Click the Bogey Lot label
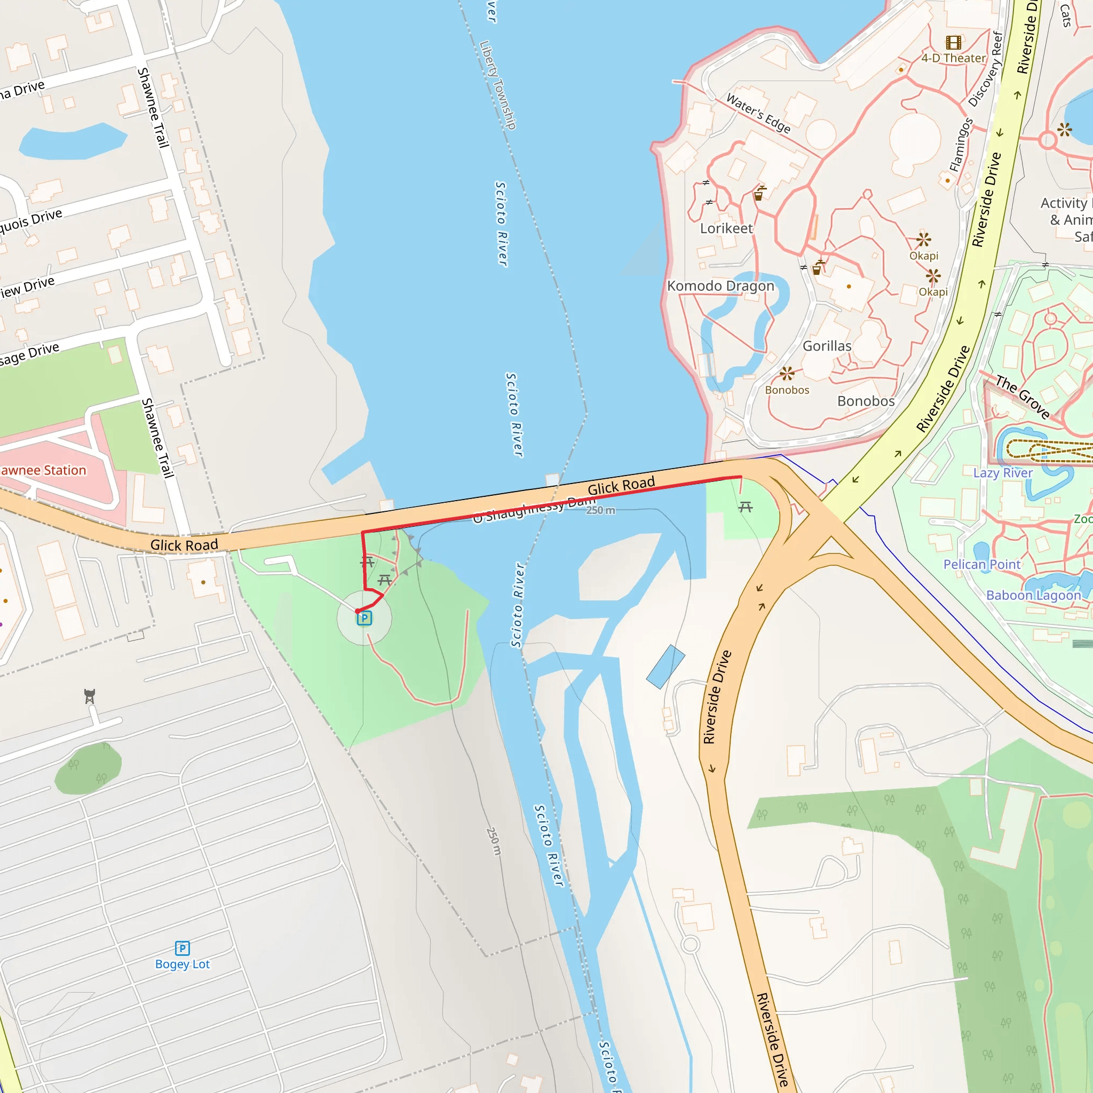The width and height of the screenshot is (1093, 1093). pos(182,964)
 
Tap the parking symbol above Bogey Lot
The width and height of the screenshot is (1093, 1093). pos(182,948)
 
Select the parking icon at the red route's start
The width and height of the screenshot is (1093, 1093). pos(365,619)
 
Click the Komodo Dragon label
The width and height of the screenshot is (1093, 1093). pos(720,286)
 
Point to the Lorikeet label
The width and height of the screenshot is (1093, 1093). pos(726,228)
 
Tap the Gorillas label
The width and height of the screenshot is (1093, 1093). pos(827,346)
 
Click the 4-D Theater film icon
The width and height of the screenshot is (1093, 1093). pos(953,43)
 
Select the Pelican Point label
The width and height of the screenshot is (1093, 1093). pos(981,564)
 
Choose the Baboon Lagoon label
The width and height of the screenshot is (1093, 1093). pos(1033,595)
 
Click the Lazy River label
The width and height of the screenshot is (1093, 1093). pos(1002,472)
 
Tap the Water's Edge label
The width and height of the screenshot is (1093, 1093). pos(758,113)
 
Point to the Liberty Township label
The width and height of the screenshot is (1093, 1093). pos(498,85)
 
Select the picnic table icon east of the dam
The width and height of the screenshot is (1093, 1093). pos(745,507)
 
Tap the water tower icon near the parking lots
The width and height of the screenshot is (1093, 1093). pos(89,696)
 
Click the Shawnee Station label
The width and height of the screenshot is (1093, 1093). pos(43,470)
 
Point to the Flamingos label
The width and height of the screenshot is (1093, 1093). pos(961,145)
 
